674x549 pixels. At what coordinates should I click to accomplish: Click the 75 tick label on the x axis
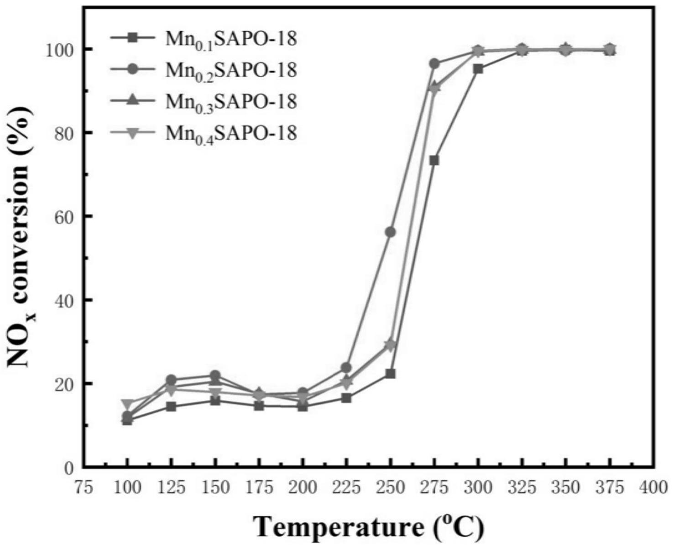(84, 487)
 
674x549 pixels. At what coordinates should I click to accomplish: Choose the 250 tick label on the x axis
(390, 487)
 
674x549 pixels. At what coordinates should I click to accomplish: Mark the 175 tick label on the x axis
(259, 487)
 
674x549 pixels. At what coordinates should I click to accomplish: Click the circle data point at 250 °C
(390, 232)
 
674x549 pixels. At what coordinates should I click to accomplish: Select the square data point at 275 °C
(434, 160)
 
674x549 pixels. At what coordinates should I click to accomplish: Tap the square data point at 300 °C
(478, 69)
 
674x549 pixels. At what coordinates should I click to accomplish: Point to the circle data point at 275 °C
(434, 63)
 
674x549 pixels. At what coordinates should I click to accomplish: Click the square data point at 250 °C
(390, 374)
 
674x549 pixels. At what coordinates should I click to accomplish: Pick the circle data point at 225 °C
(346, 367)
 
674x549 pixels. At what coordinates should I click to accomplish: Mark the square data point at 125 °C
(171, 407)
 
